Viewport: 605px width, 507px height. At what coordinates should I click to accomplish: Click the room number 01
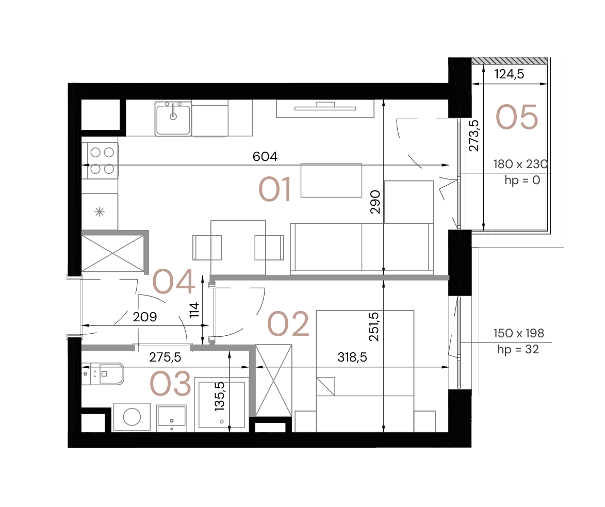[x=275, y=189]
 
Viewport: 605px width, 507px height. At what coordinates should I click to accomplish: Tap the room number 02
[x=288, y=324]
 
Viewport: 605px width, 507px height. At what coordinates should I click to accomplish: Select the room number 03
[x=170, y=385]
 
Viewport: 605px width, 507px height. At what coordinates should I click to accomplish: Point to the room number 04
[x=173, y=282]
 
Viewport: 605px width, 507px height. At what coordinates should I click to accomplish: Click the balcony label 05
[x=516, y=117]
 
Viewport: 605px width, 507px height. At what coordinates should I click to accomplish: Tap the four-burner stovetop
[x=102, y=160]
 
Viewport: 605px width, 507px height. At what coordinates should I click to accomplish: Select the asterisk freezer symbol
[x=100, y=211]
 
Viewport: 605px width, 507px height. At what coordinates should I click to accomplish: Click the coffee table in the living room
[x=331, y=180]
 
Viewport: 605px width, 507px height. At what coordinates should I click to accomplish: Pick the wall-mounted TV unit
[x=325, y=108]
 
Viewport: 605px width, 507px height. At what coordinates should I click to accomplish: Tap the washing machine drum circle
[x=132, y=417]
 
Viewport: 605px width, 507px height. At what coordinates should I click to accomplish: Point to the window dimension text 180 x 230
[x=520, y=165]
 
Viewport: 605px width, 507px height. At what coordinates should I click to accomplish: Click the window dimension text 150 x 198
[x=518, y=333]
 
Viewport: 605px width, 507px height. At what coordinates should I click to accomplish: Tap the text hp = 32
[x=518, y=350]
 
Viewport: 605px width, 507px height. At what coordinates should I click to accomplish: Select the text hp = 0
[x=522, y=181]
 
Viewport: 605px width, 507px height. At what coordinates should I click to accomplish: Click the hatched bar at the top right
[x=509, y=61]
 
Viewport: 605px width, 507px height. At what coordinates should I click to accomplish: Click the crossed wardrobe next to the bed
[x=274, y=380]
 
